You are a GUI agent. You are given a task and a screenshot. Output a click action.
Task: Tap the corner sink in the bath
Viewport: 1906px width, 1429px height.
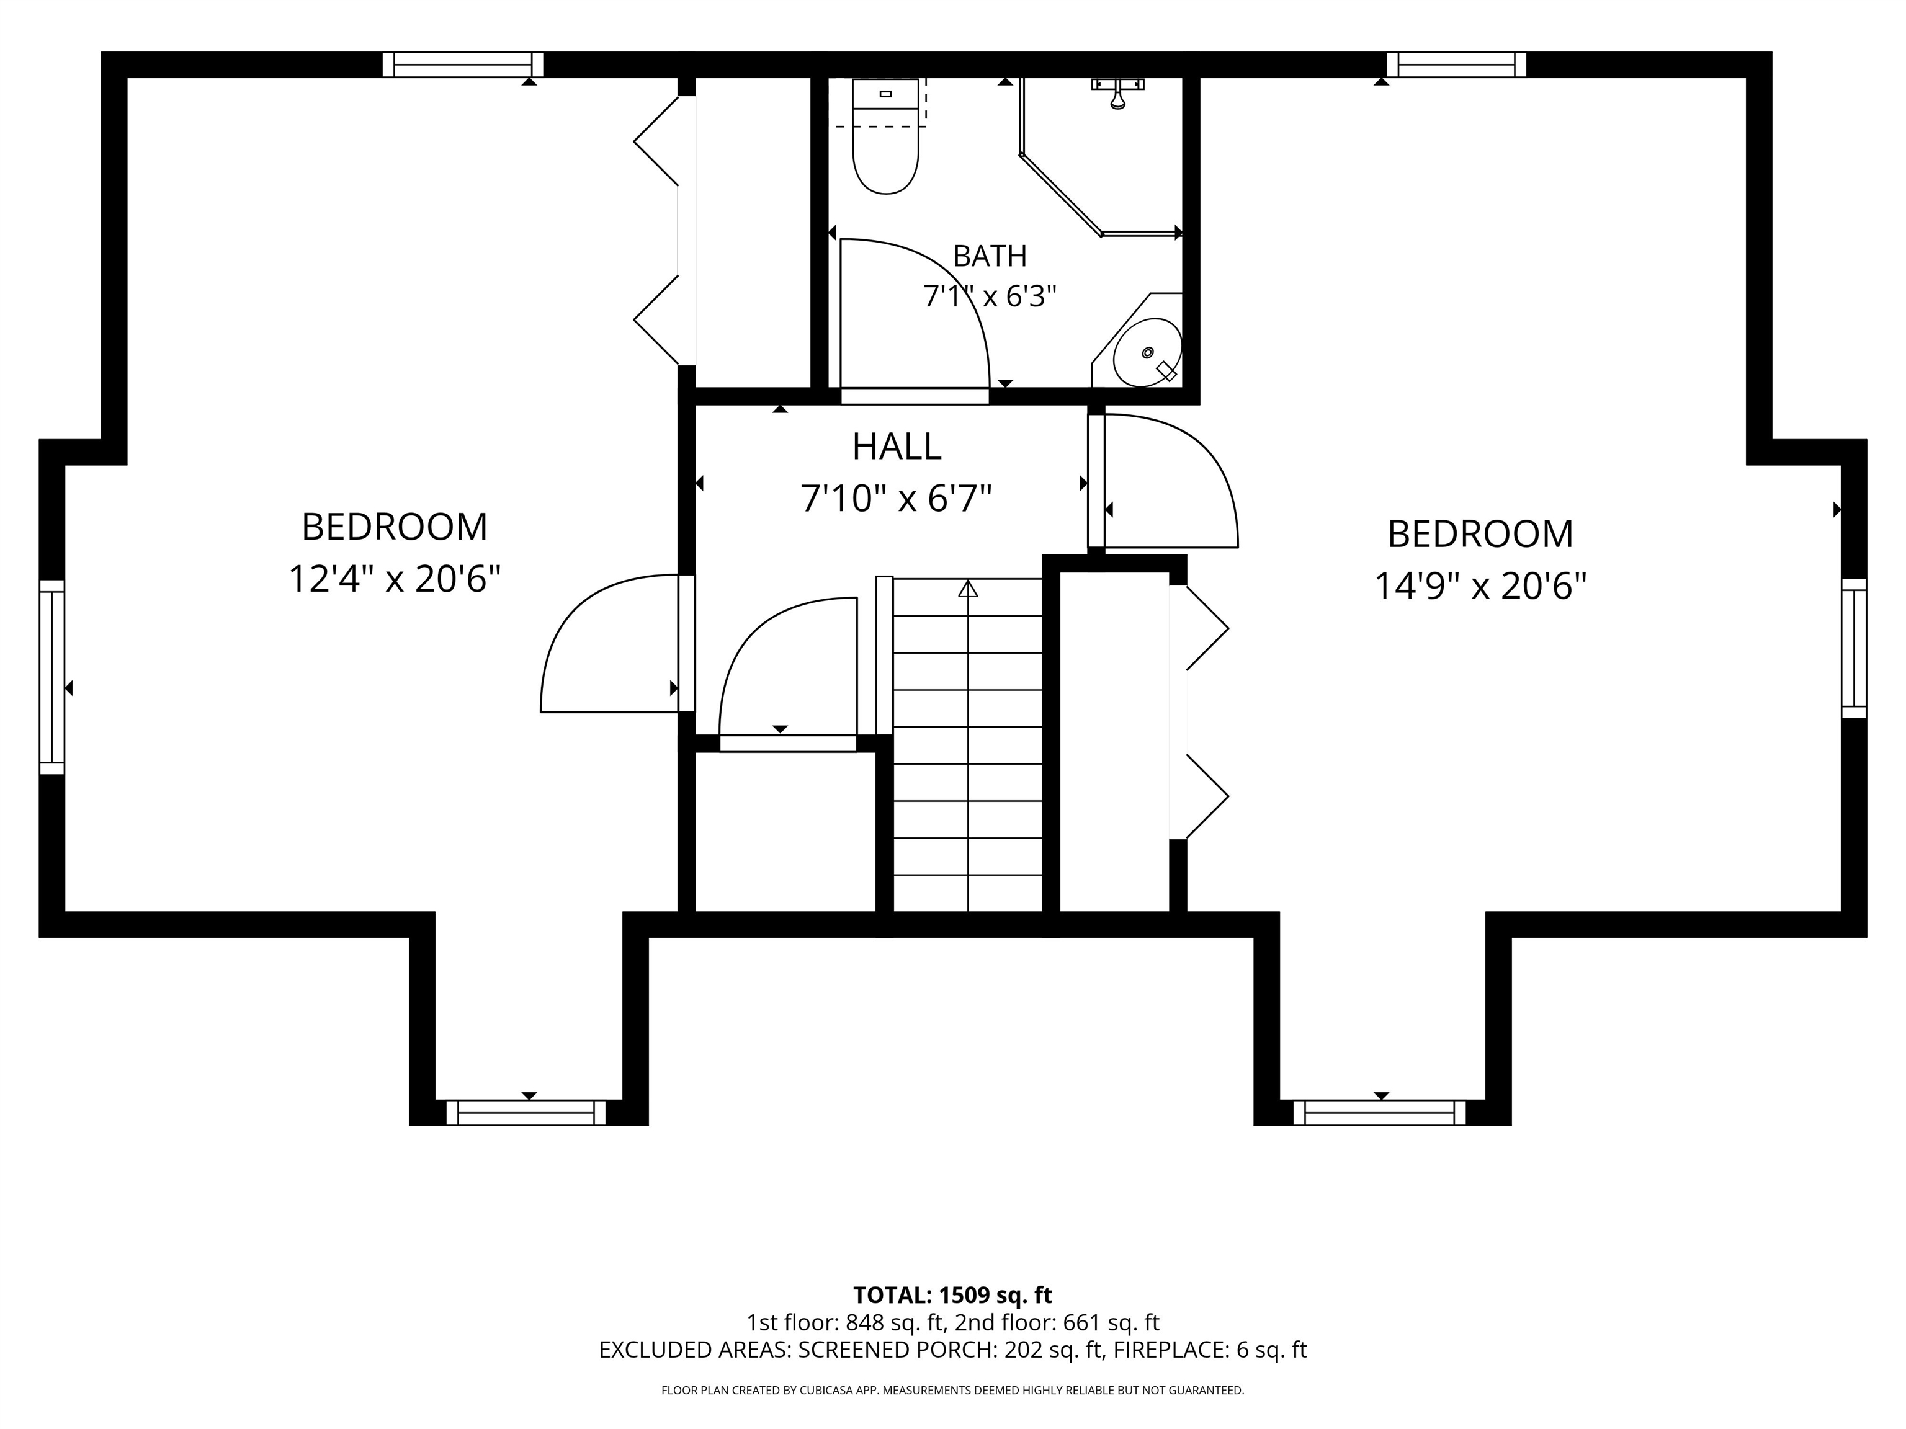(x=1145, y=352)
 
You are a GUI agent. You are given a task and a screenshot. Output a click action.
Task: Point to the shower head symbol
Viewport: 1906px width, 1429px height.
(x=1117, y=93)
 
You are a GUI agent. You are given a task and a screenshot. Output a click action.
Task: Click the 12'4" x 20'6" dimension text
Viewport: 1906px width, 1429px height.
(x=395, y=579)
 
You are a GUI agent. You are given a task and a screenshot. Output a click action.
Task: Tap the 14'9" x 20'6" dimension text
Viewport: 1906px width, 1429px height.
(x=1480, y=587)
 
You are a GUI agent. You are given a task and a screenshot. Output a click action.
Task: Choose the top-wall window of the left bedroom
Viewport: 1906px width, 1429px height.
(x=463, y=65)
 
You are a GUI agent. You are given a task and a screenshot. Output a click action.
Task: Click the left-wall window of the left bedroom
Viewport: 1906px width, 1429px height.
(x=51, y=677)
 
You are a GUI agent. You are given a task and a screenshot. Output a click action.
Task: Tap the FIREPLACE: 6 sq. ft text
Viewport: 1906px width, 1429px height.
(x=1210, y=1350)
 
